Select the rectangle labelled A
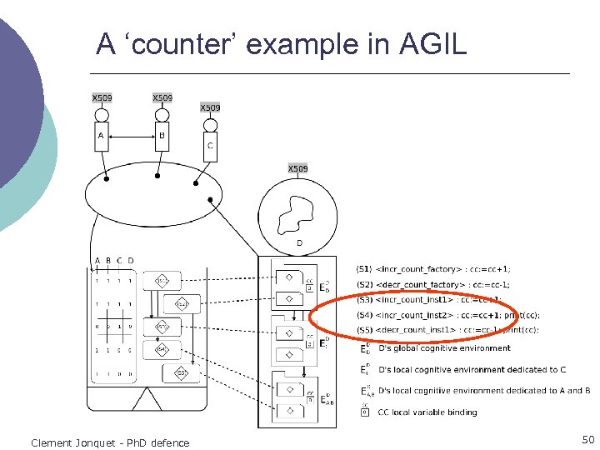[x=101, y=137]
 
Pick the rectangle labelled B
[x=162, y=137]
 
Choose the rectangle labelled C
[x=210, y=145]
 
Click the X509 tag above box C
[x=210, y=107]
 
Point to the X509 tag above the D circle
[x=297, y=169]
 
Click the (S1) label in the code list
[x=364, y=269]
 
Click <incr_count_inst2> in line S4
[x=414, y=315]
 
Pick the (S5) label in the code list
[x=364, y=330]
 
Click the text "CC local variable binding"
[x=427, y=412]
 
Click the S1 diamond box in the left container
[x=161, y=281]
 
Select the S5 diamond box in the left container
[x=181, y=372]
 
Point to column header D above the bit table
[x=131, y=261]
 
